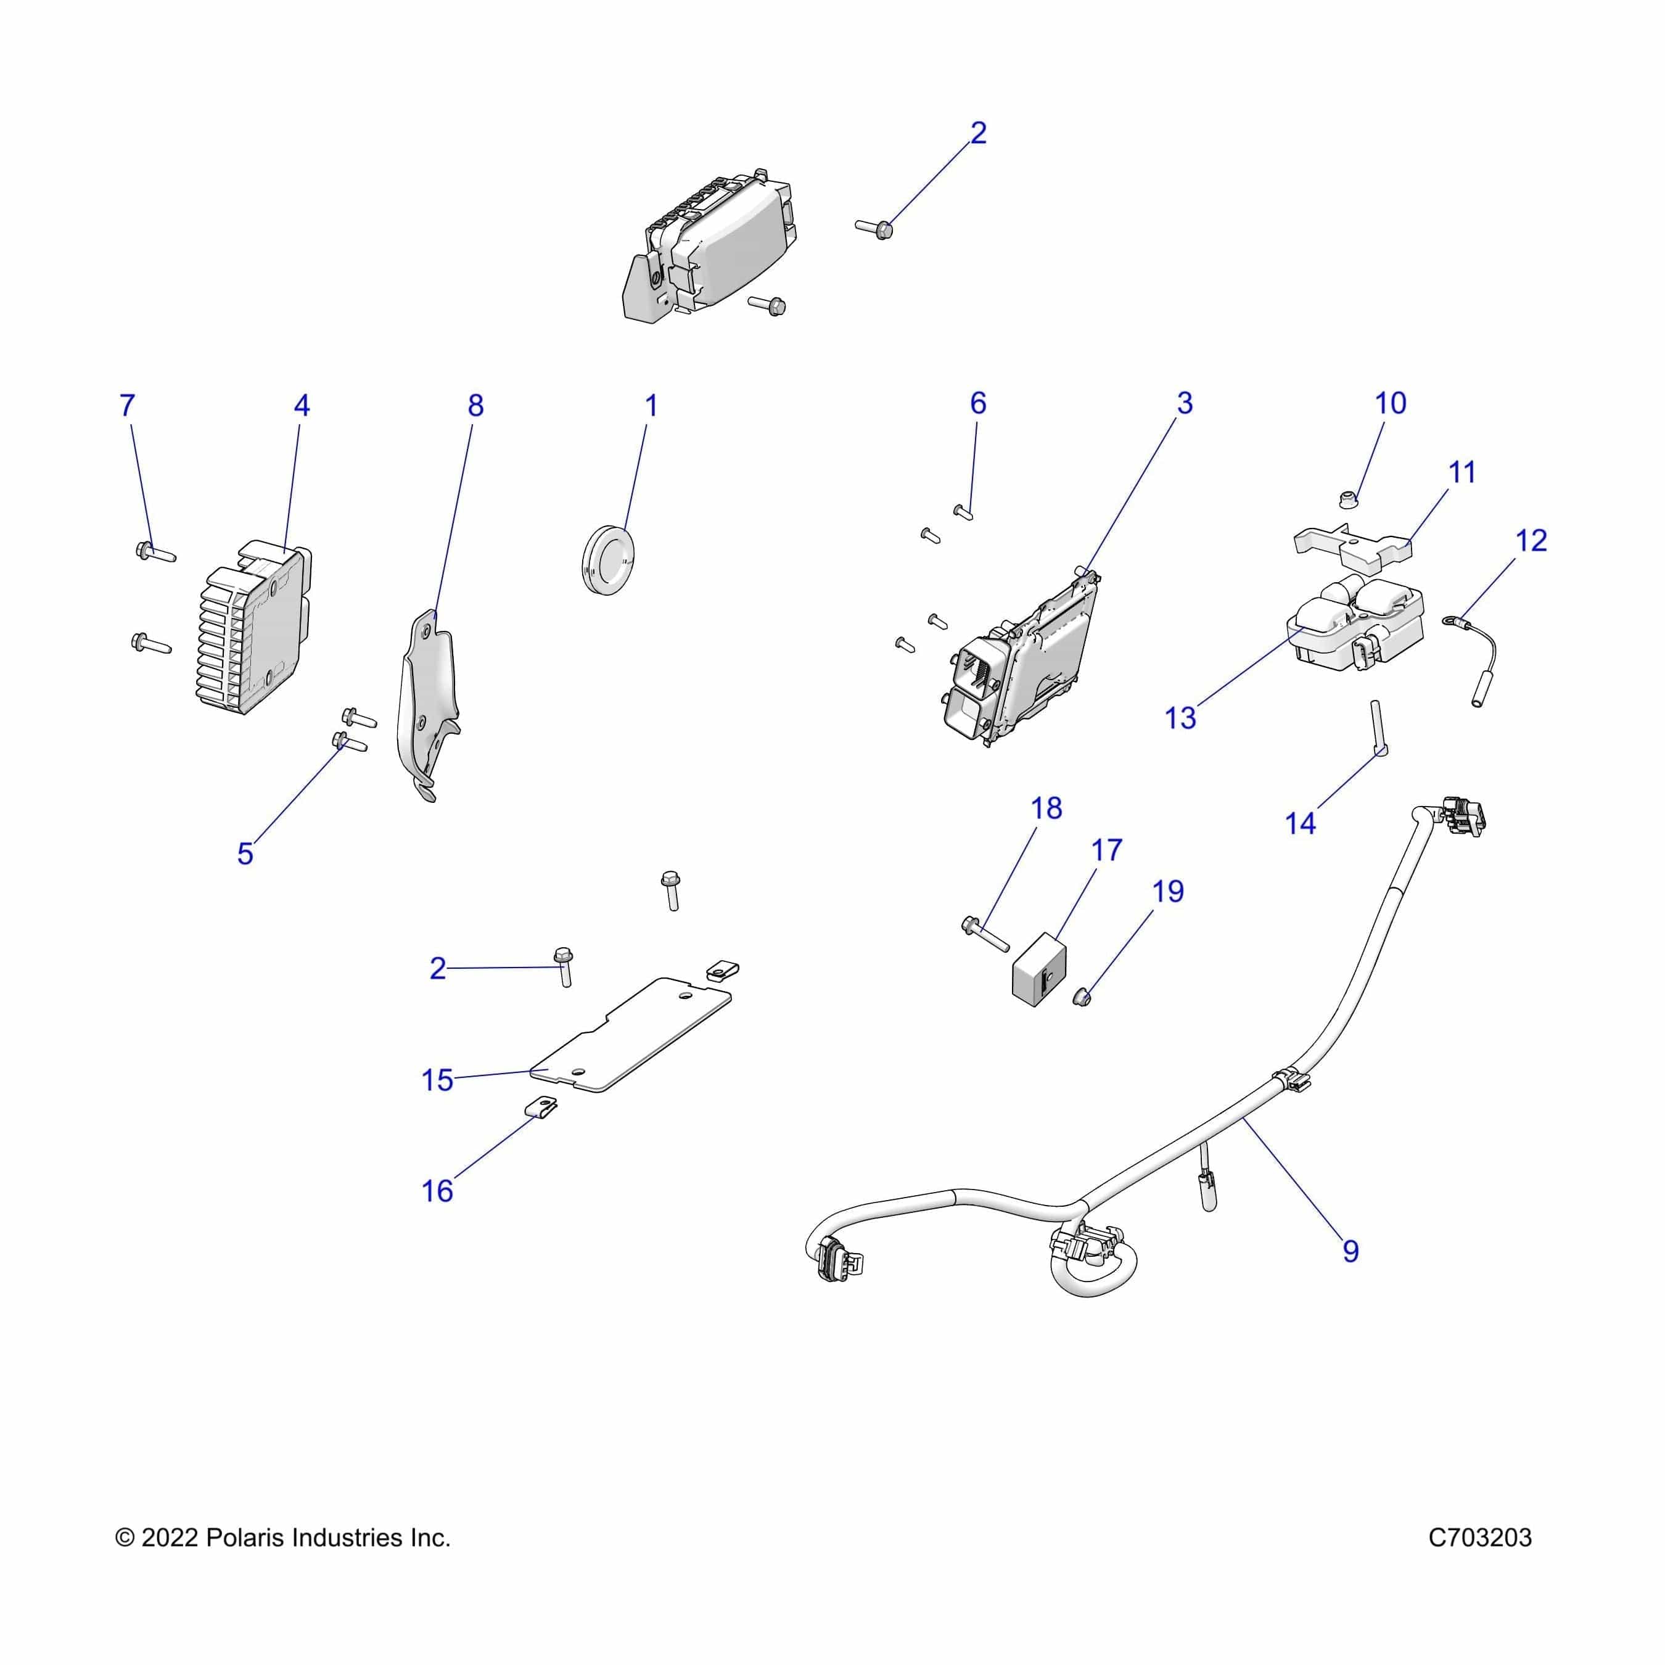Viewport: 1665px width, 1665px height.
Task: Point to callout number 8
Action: (x=475, y=406)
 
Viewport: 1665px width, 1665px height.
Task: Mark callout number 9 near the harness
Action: (x=1350, y=1251)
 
